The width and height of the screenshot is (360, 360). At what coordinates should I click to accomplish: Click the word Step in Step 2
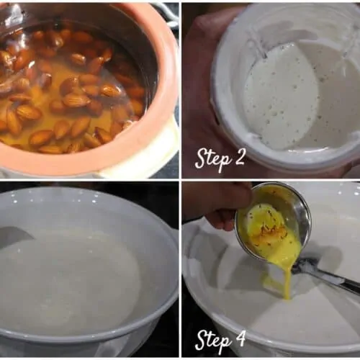212,158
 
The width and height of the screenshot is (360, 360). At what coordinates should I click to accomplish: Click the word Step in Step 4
212,341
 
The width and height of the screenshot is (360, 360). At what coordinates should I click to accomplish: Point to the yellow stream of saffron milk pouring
289,279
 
